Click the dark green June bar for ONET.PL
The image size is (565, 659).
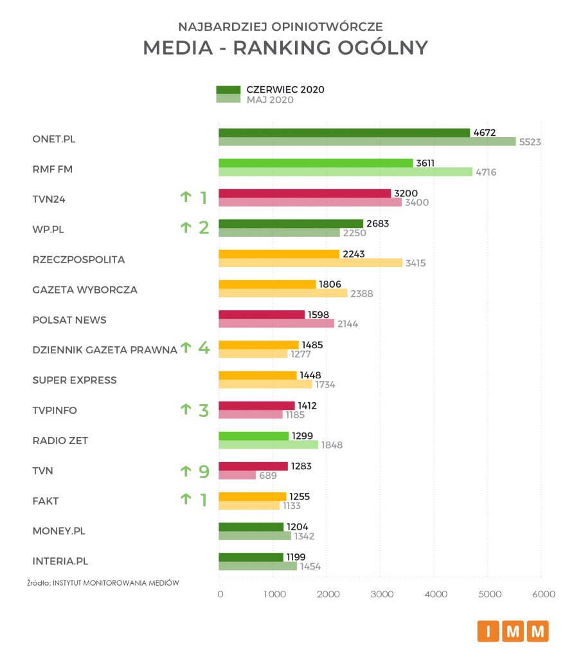[x=344, y=133]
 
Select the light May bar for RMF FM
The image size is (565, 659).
[x=345, y=172]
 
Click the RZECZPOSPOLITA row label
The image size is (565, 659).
[x=78, y=260]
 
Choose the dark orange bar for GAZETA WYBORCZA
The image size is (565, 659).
[x=267, y=284]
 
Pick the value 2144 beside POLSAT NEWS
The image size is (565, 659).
[x=346, y=324]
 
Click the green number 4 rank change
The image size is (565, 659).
[x=204, y=348]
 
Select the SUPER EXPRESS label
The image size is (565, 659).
[x=75, y=380]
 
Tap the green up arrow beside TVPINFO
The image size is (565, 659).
[x=186, y=409]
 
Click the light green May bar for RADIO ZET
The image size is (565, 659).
[x=268, y=445]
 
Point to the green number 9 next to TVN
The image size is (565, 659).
[x=204, y=471]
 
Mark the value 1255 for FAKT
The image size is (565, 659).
[x=299, y=496]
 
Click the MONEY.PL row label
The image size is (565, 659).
[x=58, y=531]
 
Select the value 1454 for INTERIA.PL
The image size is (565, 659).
[x=310, y=566]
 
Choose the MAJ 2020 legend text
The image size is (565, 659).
[x=270, y=100]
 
